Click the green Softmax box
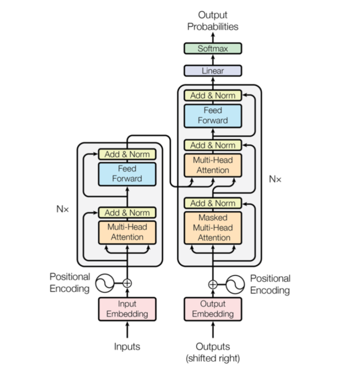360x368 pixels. click(x=212, y=48)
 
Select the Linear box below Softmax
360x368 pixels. click(x=212, y=71)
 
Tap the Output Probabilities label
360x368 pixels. click(x=212, y=22)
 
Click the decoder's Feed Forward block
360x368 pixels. click(x=212, y=115)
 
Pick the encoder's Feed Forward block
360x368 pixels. click(x=127, y=173)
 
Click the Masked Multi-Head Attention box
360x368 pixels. click(x=212, y=228)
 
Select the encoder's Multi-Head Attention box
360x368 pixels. click(x=127, y=231)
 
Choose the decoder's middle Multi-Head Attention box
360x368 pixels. click(x=212, y=165)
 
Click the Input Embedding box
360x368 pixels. click(x=127, y=309)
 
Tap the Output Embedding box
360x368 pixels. click(x=212, y=309)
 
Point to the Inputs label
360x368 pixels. click(x=127, y=346)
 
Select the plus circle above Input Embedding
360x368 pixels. click(x=127, y=283)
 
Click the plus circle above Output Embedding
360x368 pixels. click(x=212, y=284)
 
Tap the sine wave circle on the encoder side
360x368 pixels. click(x=105, y=283)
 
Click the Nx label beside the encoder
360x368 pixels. click(x=62, y=209)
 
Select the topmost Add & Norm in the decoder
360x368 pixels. click(x=212, y=96)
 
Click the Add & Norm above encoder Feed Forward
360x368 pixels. click(x=127, y=154)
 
